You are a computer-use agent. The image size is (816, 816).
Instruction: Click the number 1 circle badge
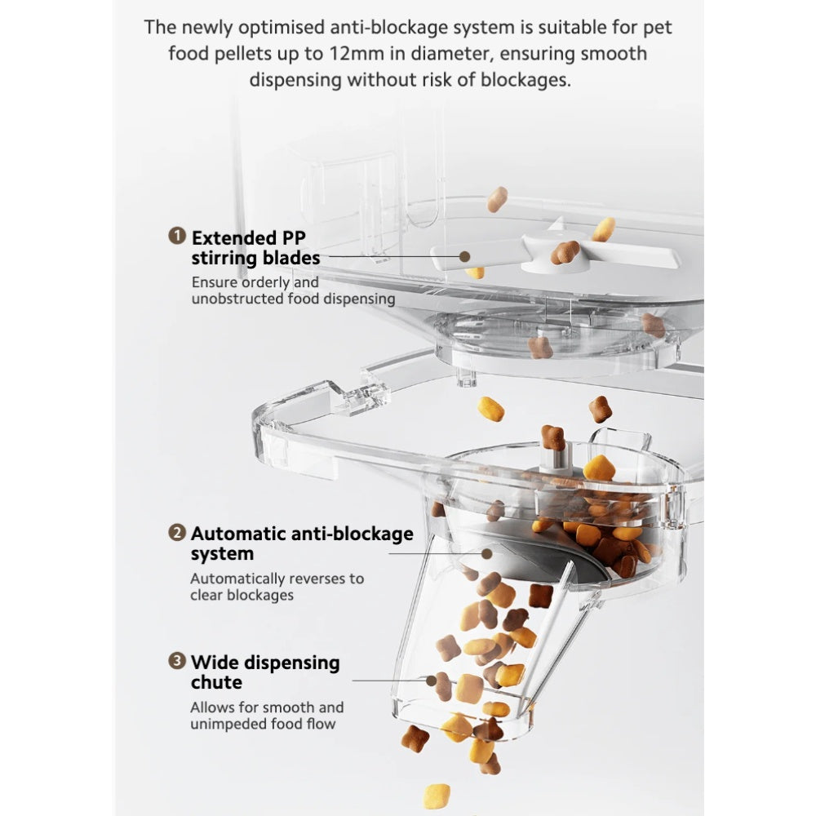coord(176,237)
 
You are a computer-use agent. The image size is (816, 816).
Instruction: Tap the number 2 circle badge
coord(176,534)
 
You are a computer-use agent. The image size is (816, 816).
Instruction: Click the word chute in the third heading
coord(216,682)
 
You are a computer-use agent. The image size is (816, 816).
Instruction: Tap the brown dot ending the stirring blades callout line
coord(464,256)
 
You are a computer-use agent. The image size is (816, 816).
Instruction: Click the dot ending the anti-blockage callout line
coord(487,553)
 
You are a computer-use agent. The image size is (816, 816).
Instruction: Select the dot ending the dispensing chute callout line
coord(430,680)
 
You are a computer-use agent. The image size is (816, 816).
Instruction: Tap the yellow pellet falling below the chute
coord(436,795)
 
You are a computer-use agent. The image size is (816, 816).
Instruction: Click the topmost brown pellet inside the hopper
coord(496,198)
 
